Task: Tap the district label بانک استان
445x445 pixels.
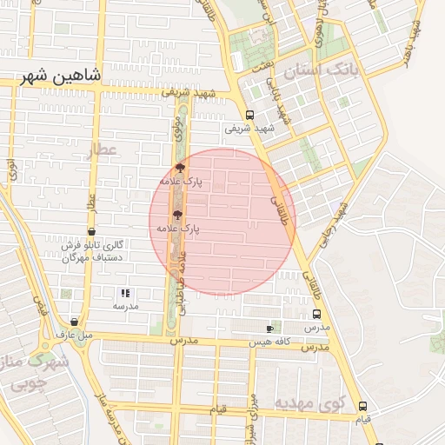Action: click(322, 70)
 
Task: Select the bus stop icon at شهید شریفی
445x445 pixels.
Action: click(250, 115)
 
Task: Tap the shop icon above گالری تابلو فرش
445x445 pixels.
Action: click(92, 232)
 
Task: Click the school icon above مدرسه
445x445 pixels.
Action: click(125, 294)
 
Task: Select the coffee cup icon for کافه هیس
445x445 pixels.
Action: click(269, 329)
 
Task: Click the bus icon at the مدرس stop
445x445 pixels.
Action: click(315, 315)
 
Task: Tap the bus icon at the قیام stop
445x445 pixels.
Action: click(362, 406)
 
